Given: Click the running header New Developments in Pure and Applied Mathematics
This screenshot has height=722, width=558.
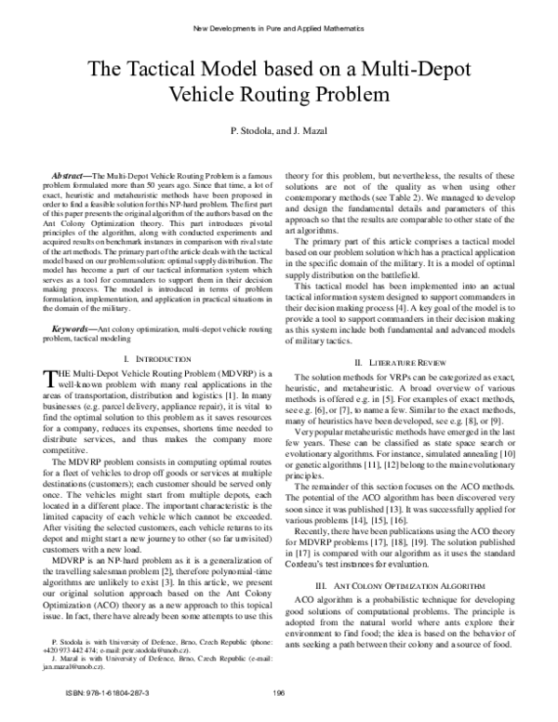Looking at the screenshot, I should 279,28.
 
